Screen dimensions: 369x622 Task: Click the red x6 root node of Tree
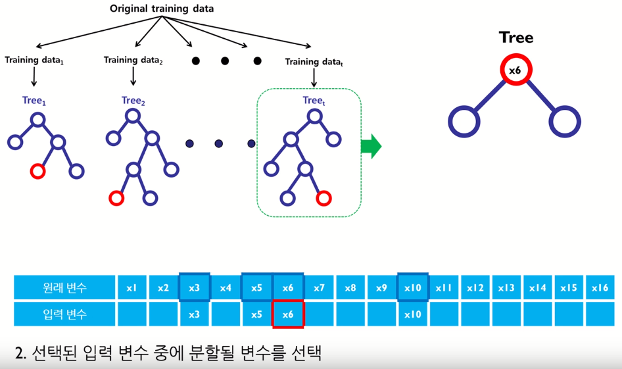[515, 70]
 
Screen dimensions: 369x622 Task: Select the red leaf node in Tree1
[37, 171]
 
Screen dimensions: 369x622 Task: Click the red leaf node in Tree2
[116, 197]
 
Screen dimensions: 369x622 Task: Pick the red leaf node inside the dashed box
[323, 198]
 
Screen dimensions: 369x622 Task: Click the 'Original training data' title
[162, 9]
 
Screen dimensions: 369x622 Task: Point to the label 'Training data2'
[133, 61]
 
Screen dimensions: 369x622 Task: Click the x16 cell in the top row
[600, 287]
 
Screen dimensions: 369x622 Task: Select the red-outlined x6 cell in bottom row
[288, 314]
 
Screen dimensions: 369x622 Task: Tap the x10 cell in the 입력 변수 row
[413, 314]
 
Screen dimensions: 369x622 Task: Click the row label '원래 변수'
[64, 287]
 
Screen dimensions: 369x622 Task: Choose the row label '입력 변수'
[64, 314]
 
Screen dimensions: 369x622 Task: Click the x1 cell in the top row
[132, 287]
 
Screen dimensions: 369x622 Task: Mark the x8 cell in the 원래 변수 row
[350, 287]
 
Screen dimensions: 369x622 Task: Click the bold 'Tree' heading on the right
[515, 37]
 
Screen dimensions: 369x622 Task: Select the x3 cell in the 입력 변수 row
[194, 314]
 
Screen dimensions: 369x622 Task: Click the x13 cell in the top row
[506, 287]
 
